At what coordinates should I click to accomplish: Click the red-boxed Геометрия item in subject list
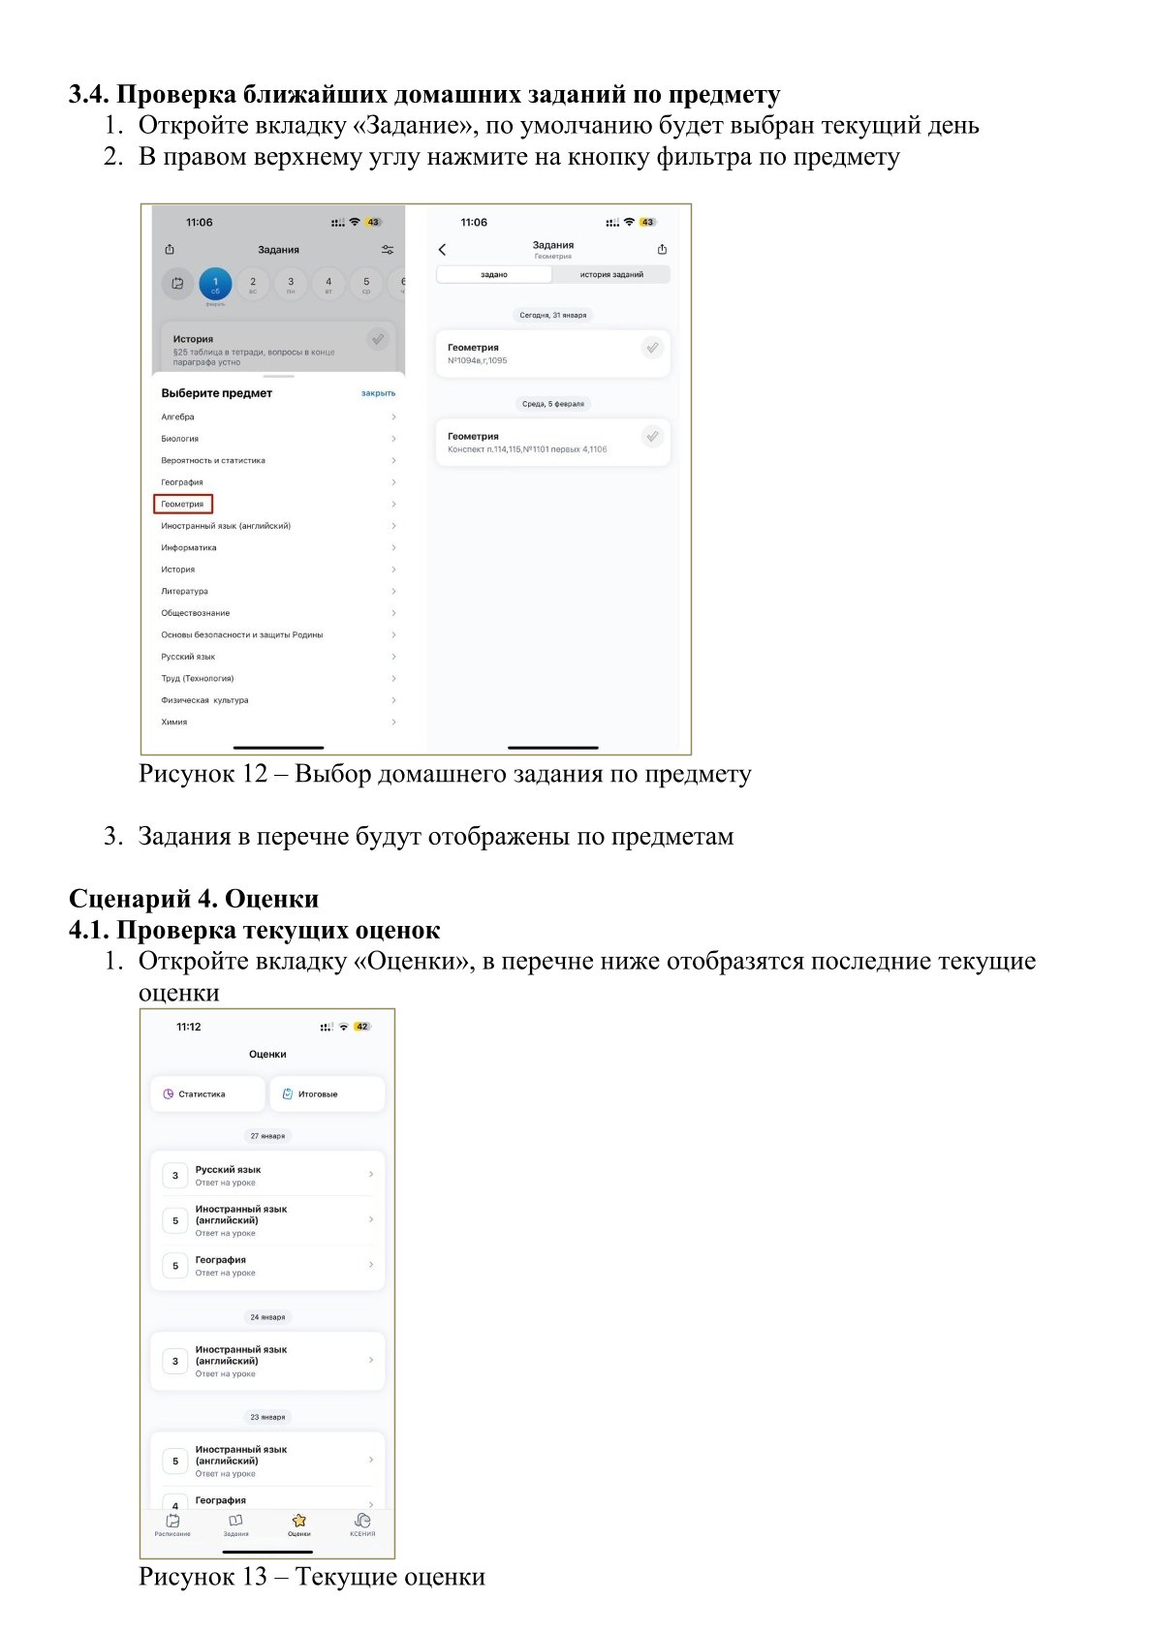(183, 504)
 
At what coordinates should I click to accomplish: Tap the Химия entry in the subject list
(174, 722)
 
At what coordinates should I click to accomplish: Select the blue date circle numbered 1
(215, 284)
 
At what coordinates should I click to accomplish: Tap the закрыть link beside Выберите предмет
(378, 393)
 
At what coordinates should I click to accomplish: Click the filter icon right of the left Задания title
(388, 250)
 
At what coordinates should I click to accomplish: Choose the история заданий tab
(611, 274)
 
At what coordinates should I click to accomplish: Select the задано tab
(494, 274)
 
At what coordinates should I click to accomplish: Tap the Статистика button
(207, 1093)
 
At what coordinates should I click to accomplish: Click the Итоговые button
(327, 1093)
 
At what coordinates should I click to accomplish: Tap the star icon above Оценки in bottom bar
(299, 1520)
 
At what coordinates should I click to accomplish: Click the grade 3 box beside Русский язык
(175, 1176)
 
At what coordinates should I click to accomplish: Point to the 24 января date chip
(267, 1316)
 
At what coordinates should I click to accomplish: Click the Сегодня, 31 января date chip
(553, 315)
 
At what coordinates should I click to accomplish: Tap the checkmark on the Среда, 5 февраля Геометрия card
(652, 437)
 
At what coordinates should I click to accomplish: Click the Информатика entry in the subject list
(189, 547)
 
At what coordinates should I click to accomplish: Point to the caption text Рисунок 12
(203, 774)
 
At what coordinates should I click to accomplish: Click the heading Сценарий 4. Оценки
(194, 899)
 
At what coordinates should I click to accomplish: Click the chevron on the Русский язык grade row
(371, 1174)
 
